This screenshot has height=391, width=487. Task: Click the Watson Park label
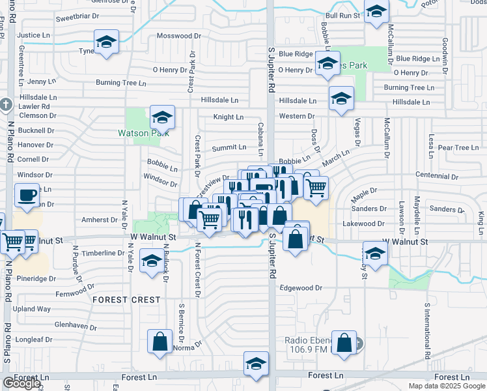(143, 133)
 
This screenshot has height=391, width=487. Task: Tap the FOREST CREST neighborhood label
(126, 300)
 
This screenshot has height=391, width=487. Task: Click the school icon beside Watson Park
(162, 118)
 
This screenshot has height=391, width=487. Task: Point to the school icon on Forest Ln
(257, 364)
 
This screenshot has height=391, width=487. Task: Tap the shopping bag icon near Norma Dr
(160, 342)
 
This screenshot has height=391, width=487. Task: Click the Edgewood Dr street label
(301, 287)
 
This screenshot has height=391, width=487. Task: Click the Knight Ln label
(229, 117)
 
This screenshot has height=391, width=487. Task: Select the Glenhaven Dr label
(76, 325)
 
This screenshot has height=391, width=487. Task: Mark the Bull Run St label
(343, 15)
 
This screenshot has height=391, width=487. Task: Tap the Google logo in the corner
(21, 383)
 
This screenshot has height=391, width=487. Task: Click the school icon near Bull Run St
(376, 13)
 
